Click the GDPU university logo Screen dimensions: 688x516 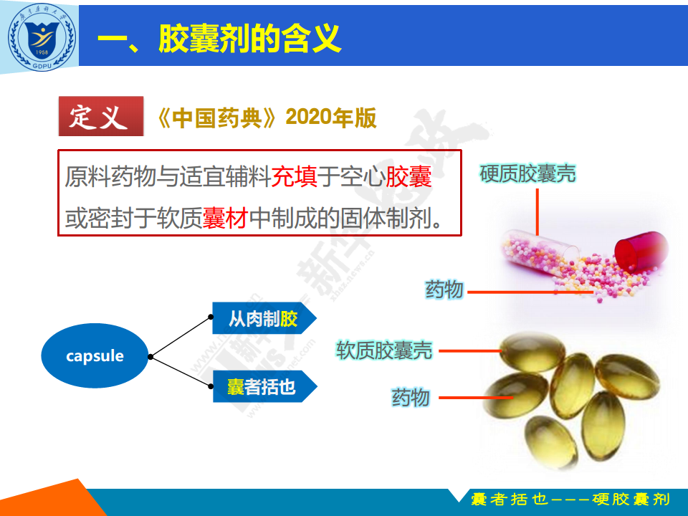42,37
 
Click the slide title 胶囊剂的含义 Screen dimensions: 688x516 249,39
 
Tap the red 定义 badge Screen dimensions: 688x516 101,116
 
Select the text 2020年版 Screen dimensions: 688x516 331,118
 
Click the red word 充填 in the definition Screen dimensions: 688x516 295,176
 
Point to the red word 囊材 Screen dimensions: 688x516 226,218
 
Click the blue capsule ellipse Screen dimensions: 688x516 95,355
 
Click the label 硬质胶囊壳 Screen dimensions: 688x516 527,173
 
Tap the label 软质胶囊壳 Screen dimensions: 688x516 384,350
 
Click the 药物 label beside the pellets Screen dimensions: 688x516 444,290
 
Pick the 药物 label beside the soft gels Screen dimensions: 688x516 411,398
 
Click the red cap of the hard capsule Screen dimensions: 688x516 641,249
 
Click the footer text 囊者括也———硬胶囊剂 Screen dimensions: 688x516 570,500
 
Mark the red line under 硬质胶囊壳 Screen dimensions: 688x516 537,211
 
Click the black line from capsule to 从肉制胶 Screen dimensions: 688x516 181,337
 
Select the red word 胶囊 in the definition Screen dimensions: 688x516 408,176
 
